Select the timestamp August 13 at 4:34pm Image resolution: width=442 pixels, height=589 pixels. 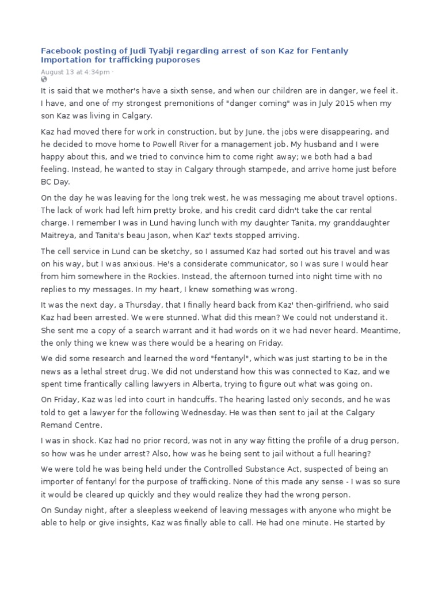pyautogui.click(x=75, y=72)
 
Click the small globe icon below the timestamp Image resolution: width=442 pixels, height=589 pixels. pyautogui.click(x=43, y=79)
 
